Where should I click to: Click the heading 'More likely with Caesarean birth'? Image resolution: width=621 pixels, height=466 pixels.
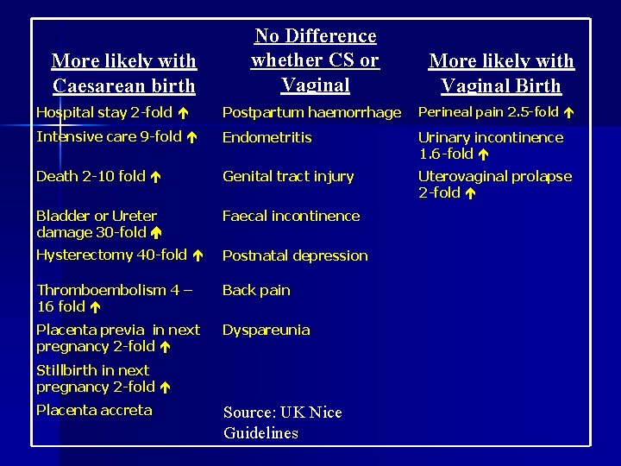tap(124, 73)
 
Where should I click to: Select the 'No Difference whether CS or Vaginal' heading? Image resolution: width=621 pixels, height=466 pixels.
tap(314, 60)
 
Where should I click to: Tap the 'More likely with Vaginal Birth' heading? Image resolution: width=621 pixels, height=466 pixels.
tap(501, 73)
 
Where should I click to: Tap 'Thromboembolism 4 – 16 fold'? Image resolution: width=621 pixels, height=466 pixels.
tap(112, 299)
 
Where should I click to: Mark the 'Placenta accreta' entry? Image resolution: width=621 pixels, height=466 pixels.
tap(94, 411)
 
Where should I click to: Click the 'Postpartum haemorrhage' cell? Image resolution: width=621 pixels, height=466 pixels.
tap(311, 112)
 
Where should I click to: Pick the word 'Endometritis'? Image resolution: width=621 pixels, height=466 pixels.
tap(267, 137)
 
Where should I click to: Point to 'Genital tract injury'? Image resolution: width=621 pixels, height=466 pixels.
tap(288, 177)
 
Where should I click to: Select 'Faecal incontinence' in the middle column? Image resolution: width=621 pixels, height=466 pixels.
tap(291, 216)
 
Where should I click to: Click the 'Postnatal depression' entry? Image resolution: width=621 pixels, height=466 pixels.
tap(295, 255)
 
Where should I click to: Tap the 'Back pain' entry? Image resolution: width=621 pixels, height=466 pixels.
tap(256, 290)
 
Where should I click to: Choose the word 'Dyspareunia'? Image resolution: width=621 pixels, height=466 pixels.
tap(266, 330)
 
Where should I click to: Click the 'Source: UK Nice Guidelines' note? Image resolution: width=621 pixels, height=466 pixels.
tap(282, 423)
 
